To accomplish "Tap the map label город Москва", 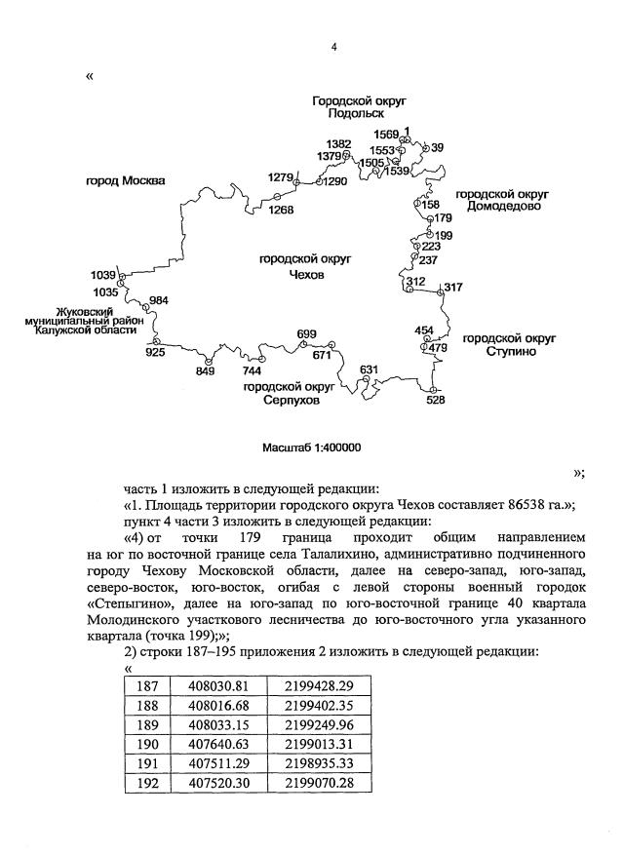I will [124, 181].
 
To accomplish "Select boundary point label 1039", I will [102, 276].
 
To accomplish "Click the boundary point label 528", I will [436, 399].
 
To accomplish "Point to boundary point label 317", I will [452, 287].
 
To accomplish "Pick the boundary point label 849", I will [206, 371].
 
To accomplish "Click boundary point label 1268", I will [282, 209].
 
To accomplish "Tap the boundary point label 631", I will [369, 369].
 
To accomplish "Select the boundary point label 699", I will [306, 334].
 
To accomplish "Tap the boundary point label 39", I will [437, 147].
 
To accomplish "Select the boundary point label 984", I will [159, 300].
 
